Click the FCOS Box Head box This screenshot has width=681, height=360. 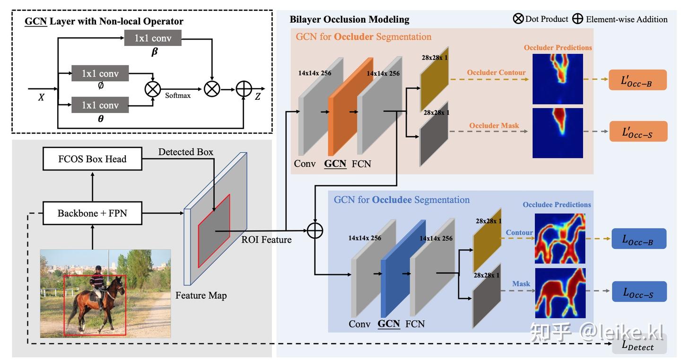92,158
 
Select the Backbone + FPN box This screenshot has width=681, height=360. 92,213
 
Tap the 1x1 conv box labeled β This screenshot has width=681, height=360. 153,38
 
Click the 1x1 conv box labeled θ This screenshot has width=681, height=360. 100,105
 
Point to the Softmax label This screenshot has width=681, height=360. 178,96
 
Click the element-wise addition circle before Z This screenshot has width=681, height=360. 244,88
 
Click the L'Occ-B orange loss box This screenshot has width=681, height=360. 637,80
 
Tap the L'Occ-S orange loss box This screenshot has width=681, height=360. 637,131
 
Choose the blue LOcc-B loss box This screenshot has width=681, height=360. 638,239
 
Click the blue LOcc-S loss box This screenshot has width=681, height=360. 638,291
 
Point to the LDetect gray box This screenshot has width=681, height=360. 638,345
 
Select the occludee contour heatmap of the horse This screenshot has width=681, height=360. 560,238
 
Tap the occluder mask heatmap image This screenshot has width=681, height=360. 558,133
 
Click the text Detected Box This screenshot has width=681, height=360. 185,152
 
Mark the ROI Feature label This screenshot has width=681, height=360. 266,240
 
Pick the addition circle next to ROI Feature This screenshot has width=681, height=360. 314,230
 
